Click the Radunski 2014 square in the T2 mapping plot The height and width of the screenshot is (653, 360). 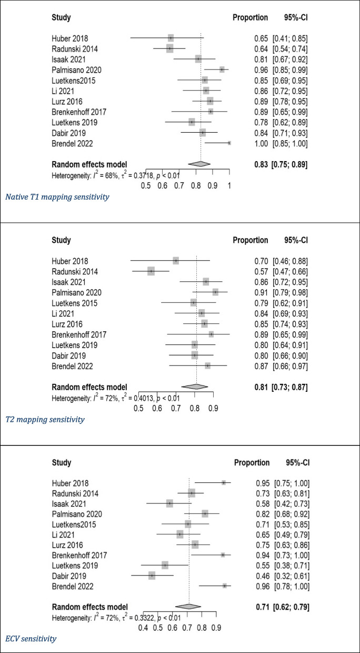click(152, 271)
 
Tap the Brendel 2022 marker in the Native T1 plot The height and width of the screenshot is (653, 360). click(229, 143)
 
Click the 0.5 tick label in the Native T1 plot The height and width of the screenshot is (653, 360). click(146, 185)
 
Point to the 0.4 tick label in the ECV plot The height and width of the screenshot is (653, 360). click(143, 628)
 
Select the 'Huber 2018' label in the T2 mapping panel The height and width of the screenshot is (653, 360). click(69, 261)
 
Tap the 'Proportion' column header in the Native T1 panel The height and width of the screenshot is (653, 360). click(250, 18)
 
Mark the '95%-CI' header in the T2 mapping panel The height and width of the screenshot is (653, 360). click(295, 240)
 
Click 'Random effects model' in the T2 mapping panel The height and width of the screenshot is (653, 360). click(89, 387)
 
